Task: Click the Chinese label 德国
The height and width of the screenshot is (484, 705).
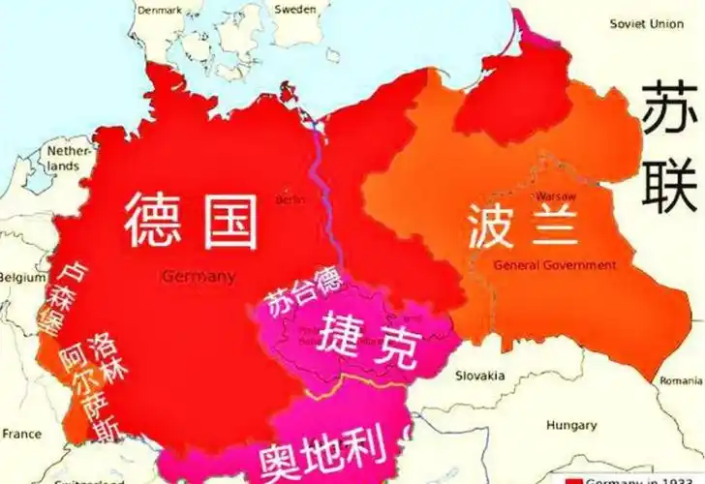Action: (191, 220)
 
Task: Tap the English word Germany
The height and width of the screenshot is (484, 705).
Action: (199, 277)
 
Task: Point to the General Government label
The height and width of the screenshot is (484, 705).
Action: (554, 265)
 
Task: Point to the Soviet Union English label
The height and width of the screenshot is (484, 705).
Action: (646, 23)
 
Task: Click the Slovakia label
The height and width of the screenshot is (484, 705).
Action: (481, 376)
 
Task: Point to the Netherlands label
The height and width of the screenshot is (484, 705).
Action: (69, 159)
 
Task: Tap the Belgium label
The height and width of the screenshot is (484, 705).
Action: (22, 277)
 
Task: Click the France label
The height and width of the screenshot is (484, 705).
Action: (22, 435)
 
